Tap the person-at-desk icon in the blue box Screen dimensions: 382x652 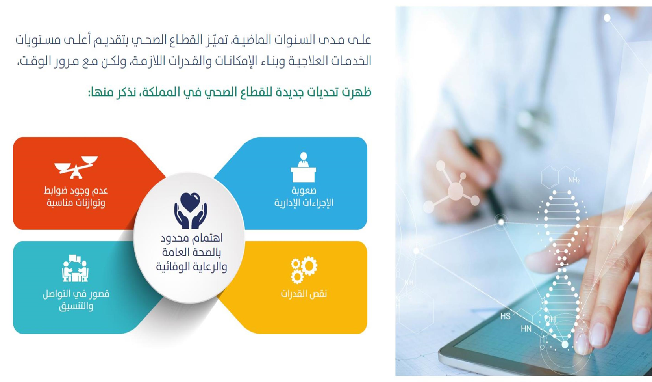point(303,167)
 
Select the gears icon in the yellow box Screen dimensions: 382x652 point(304,270)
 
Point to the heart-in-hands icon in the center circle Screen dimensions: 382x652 point(190,211)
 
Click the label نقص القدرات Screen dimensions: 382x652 point(304,294)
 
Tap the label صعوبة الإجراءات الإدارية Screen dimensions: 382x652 point(304,197)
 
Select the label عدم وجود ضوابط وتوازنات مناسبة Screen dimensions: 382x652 point(76,197)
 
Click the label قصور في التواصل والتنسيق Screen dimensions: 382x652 point(76,300)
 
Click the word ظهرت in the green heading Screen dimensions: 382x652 point(357,92)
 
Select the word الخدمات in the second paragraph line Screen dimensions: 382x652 point(350,61)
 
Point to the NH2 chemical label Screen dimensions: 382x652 point(574,181)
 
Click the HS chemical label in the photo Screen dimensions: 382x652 point(505,316)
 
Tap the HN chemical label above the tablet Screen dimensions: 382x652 point(526,328)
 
